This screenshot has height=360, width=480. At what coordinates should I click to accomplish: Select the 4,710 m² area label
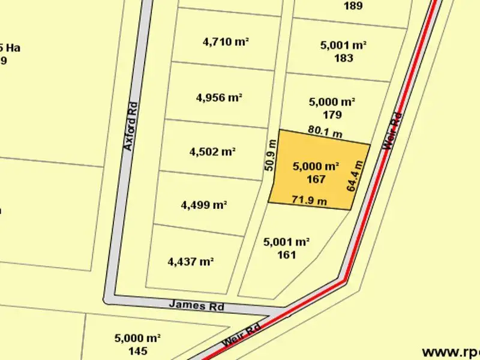click(x=226, y=42)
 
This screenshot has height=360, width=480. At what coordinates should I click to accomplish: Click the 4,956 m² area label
click(x=219, y=98)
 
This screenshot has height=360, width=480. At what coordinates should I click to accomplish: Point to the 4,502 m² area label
click(x=212, y=152)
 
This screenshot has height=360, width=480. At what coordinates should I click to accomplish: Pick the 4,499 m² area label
click(x=204, y=205)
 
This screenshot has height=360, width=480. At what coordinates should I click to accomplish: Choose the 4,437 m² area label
click(x=191, y=262)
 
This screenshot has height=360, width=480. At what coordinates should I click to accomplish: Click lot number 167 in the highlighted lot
click(x=316, y=179)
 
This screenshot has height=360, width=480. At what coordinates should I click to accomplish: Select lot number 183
click(x=344, y=58)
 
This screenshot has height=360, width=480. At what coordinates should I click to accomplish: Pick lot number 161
click(x=286, y=254)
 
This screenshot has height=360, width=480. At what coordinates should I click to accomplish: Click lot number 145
click(x=137, y=350)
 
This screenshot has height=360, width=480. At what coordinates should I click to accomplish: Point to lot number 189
click(x=353, y=7)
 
